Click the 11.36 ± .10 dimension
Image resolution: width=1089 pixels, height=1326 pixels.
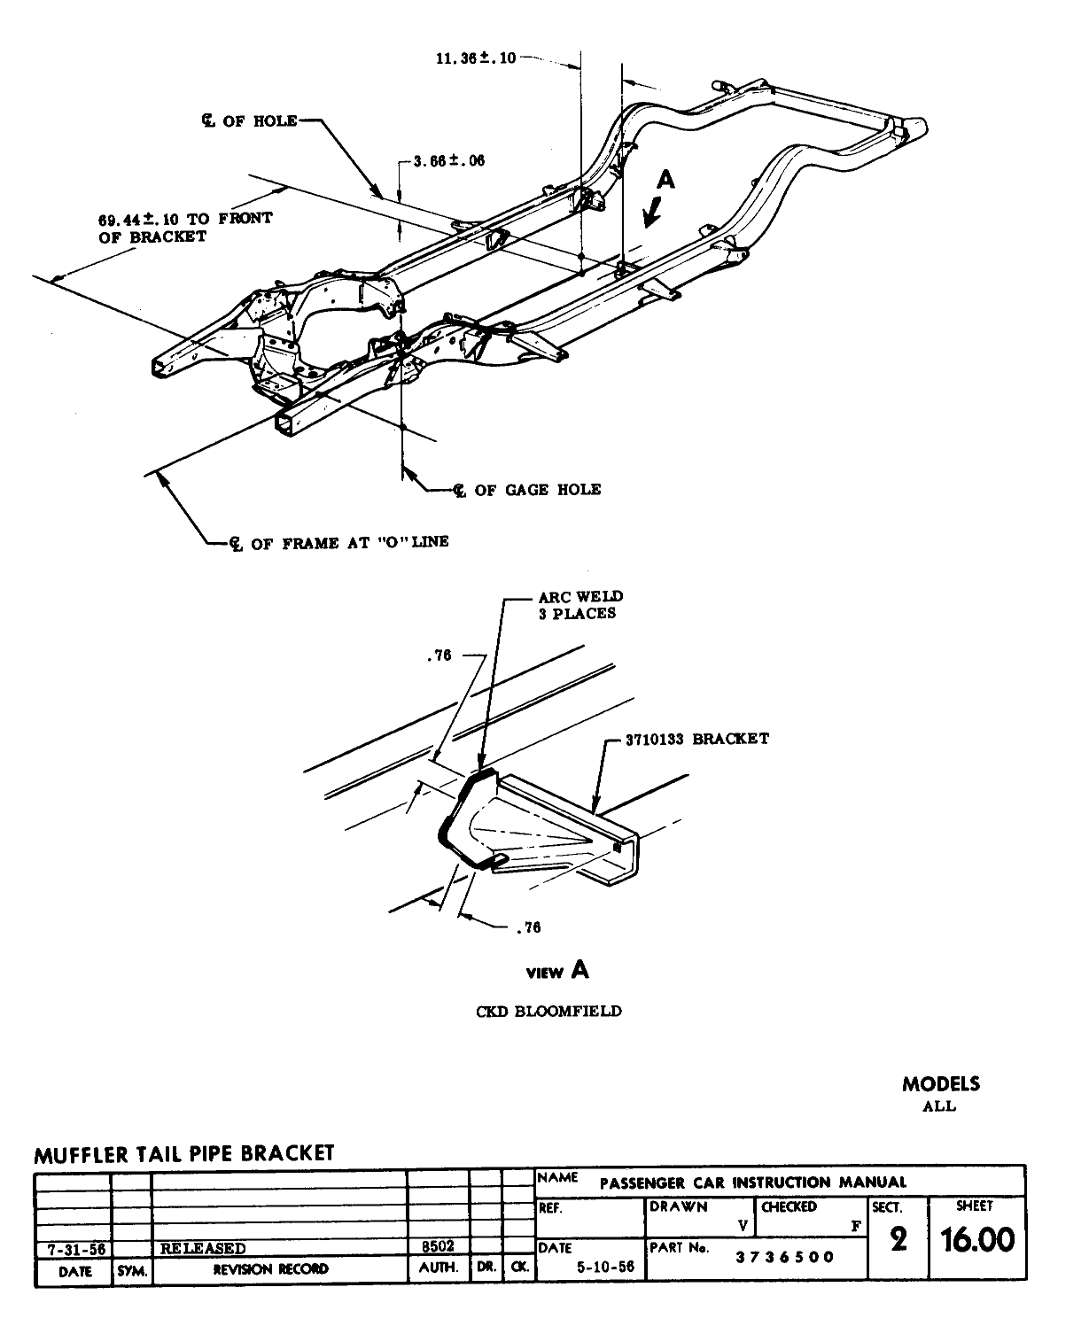[476, 58]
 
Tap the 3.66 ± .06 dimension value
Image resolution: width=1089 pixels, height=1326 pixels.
[450, 161]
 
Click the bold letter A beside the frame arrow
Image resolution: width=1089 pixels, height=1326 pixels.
[665, 180]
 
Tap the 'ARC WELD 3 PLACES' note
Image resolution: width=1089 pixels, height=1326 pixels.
[577, 605]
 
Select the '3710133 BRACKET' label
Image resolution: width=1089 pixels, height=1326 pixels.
[696, 739]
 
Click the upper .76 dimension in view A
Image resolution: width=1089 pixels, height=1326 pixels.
[439, 656]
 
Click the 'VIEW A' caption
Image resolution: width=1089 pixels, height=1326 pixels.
[557, 971]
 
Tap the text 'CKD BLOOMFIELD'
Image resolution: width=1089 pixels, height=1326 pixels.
[548, 1011]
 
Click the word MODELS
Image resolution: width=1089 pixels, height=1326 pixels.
[941, 1083]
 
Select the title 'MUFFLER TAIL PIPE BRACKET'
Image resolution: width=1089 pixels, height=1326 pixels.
[184, 1153]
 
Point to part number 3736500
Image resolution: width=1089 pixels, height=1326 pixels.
[785, 1256]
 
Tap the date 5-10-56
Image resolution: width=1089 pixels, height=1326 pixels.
[605, 1267]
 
